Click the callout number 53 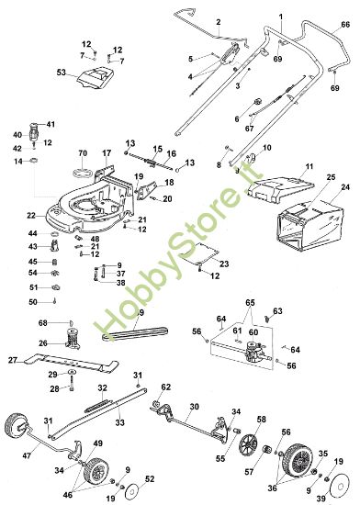62,71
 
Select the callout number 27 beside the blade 13,360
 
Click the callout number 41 51,124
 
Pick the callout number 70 82,151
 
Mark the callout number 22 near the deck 30,215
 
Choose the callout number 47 27,455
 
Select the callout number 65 251,302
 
